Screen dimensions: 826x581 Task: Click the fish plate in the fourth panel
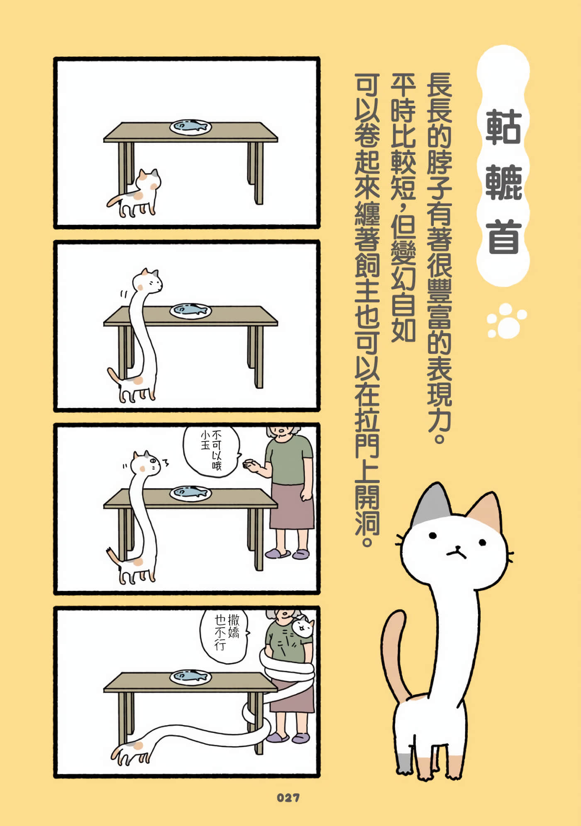point(190,677)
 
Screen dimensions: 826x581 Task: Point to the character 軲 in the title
point(504,127)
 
